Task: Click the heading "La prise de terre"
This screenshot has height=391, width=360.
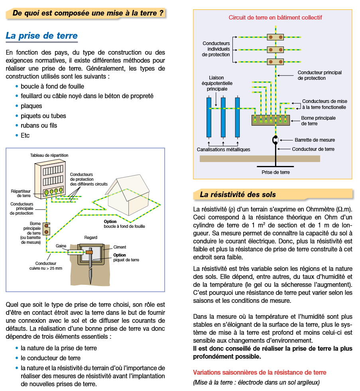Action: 41,36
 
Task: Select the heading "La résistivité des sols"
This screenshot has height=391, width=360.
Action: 238,195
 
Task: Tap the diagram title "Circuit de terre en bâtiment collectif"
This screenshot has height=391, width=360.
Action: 275,18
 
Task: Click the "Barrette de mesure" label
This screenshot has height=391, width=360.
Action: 315,140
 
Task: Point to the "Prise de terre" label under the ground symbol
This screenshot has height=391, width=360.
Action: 275,172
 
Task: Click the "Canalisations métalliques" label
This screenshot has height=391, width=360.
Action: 223,150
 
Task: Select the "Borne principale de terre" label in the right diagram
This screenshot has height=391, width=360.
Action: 318,121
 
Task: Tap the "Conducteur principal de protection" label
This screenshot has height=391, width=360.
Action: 319,75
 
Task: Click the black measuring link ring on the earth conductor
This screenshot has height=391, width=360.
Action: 275,140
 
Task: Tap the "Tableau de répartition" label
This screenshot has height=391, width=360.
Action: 49,155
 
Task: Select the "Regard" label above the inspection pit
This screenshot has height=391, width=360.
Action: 90,238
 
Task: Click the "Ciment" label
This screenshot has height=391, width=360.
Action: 120,247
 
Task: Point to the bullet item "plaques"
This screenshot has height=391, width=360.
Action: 31,106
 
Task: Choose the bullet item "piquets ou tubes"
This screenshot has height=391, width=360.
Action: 43,116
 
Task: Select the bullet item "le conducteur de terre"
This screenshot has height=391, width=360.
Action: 51,358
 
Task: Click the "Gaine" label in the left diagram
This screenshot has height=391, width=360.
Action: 61,246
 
